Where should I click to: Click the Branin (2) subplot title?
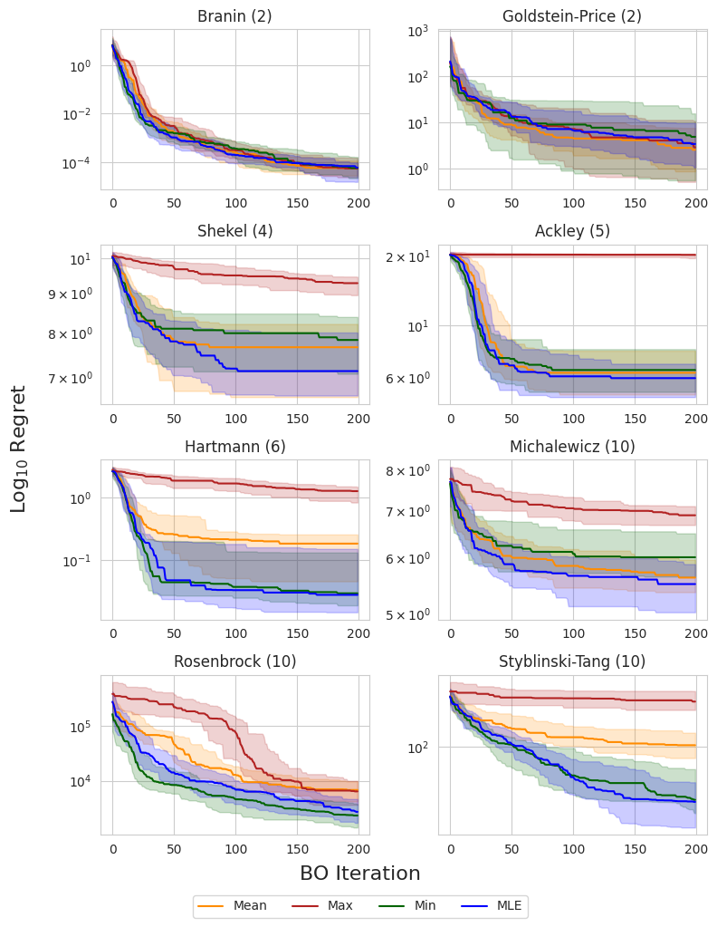(234, 15)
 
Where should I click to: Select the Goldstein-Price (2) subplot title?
(572, 15)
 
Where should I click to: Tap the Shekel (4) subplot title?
(234, 231)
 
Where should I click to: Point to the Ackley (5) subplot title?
(572, 231)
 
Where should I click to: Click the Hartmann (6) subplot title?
(234, 446)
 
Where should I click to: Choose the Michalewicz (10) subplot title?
(572, 446)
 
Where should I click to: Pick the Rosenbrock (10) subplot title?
(234, 661)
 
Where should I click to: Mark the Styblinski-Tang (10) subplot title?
(572, 661)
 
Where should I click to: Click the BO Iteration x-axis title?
(359, 874)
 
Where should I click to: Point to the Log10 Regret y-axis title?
(19, 449)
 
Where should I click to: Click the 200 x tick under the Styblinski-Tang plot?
(696, 852)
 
